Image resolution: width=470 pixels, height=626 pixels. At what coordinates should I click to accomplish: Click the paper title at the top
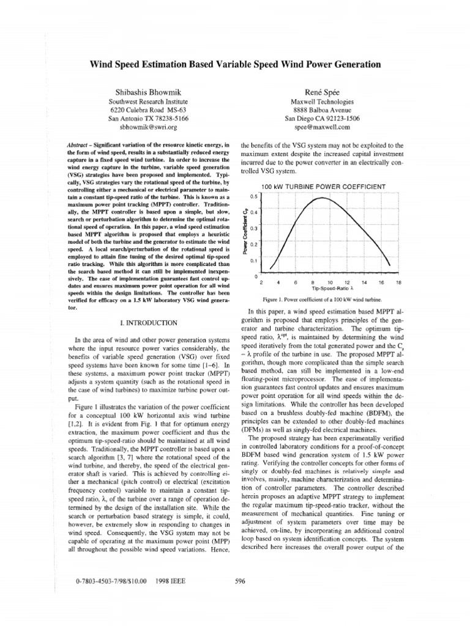[x=235, y=64]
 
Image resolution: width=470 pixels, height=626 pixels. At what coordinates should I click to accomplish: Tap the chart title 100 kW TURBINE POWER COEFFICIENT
[x=323, y=186]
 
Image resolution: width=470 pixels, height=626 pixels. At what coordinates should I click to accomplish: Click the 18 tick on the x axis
[x=398, y=282]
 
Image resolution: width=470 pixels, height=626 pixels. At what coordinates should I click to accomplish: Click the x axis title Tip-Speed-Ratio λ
[x=330, y=289]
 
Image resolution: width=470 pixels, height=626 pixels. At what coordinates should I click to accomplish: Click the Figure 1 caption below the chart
[x=321, y=300]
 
